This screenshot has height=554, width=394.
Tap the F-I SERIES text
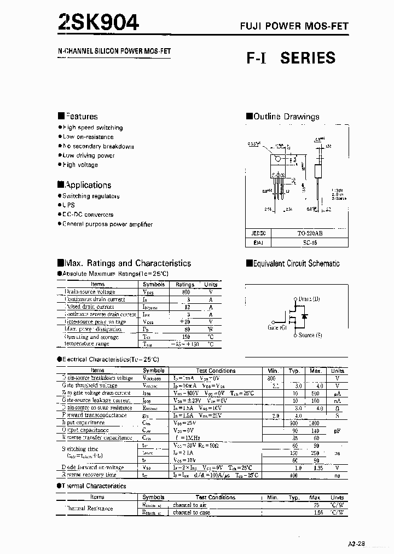[291, 57]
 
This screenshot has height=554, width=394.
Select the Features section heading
[78, 116]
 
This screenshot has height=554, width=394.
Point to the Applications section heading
[84, 185]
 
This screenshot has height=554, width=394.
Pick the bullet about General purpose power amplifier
[105, 224]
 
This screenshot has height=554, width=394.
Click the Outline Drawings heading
[282, 116]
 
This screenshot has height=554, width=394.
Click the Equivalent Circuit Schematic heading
[293, 263]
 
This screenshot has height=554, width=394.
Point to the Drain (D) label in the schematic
[309, 299]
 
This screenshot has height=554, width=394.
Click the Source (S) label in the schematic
[310, 334]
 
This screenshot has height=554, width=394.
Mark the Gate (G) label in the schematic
[277, 327]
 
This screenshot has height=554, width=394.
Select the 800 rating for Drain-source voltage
[186, 292]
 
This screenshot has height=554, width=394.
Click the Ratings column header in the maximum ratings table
[185, 285]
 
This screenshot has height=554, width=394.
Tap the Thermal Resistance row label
[89, 509]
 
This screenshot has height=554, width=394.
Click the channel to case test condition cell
[191, 512]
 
